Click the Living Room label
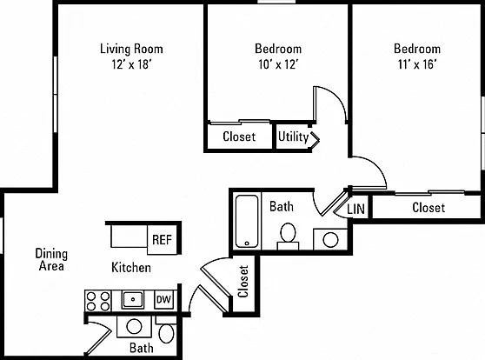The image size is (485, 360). (x=131, y=49)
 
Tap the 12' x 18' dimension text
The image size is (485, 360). (x=131, y=64)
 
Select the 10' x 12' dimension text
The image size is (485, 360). (x=278, y=64)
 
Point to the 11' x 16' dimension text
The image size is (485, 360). (x=417, y=64)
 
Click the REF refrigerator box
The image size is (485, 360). (x=162, y=240)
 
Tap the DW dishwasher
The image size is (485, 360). (x=163, y=299)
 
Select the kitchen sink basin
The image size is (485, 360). (x=133, y=299)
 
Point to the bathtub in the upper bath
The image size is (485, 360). (x=247, y=222)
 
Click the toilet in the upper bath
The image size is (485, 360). (x=288, y=237)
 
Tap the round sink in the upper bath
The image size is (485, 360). (x=330, y=240)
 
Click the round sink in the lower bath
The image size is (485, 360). (x=134, y=326)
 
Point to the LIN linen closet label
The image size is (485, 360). (x=355, y=210)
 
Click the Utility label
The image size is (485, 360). (x=293, y=137)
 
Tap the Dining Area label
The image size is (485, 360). (x=51, y=260)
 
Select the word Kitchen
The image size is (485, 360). (x=131, y=268)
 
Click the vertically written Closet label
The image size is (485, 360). (x=243, y=282)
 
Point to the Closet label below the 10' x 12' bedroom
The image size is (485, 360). (x=239, y=137)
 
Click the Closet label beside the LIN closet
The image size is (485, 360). (x=429, y=208)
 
